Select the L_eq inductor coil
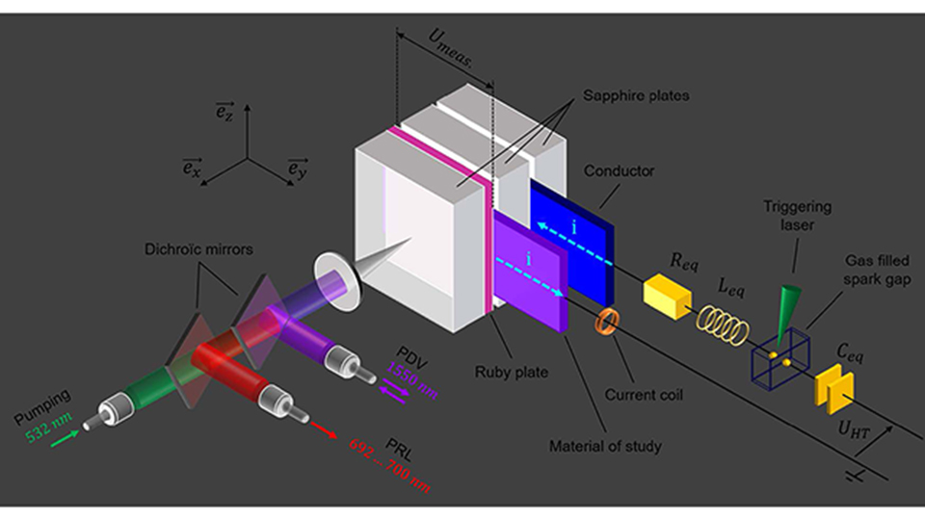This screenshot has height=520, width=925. click(x=724, y=325)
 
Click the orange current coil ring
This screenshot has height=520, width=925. click(x=608, y=322)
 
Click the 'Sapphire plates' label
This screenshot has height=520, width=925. click(x=628, y=95)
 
